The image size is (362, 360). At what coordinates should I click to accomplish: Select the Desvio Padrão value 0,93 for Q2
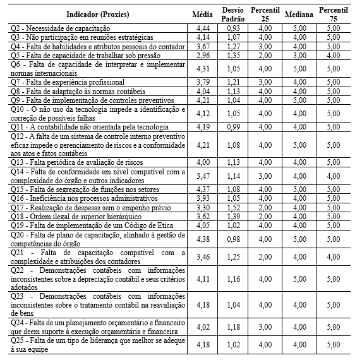pyautogui.click(x=233, y=28)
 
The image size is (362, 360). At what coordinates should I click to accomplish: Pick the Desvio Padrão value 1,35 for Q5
pyautogui.click(x=233, y=54)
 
